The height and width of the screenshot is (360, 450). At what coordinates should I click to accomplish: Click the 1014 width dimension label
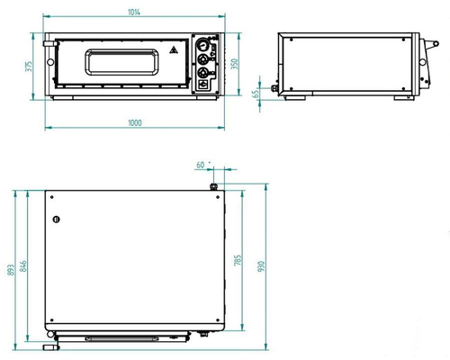click(x=134, y=13)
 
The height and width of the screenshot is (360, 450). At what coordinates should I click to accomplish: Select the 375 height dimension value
click(x=29, y=67)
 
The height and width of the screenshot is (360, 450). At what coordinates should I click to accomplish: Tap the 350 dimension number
click(x=235, y=64)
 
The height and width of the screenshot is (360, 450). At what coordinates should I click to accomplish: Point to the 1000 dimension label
click(x=135, y=123)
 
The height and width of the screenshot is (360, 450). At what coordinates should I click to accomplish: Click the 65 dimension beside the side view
click(x=256, y=94)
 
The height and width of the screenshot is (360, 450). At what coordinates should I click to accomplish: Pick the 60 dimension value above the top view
click(x=201, y=165)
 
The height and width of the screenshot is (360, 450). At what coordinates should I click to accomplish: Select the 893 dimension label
click(x=11, y=270)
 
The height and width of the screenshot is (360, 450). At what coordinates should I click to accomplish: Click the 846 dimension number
click(x=23, y=266)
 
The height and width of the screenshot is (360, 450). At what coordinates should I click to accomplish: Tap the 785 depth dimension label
click(x=238, y=260)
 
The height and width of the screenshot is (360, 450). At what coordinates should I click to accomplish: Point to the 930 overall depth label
click(x=261, y=266)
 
